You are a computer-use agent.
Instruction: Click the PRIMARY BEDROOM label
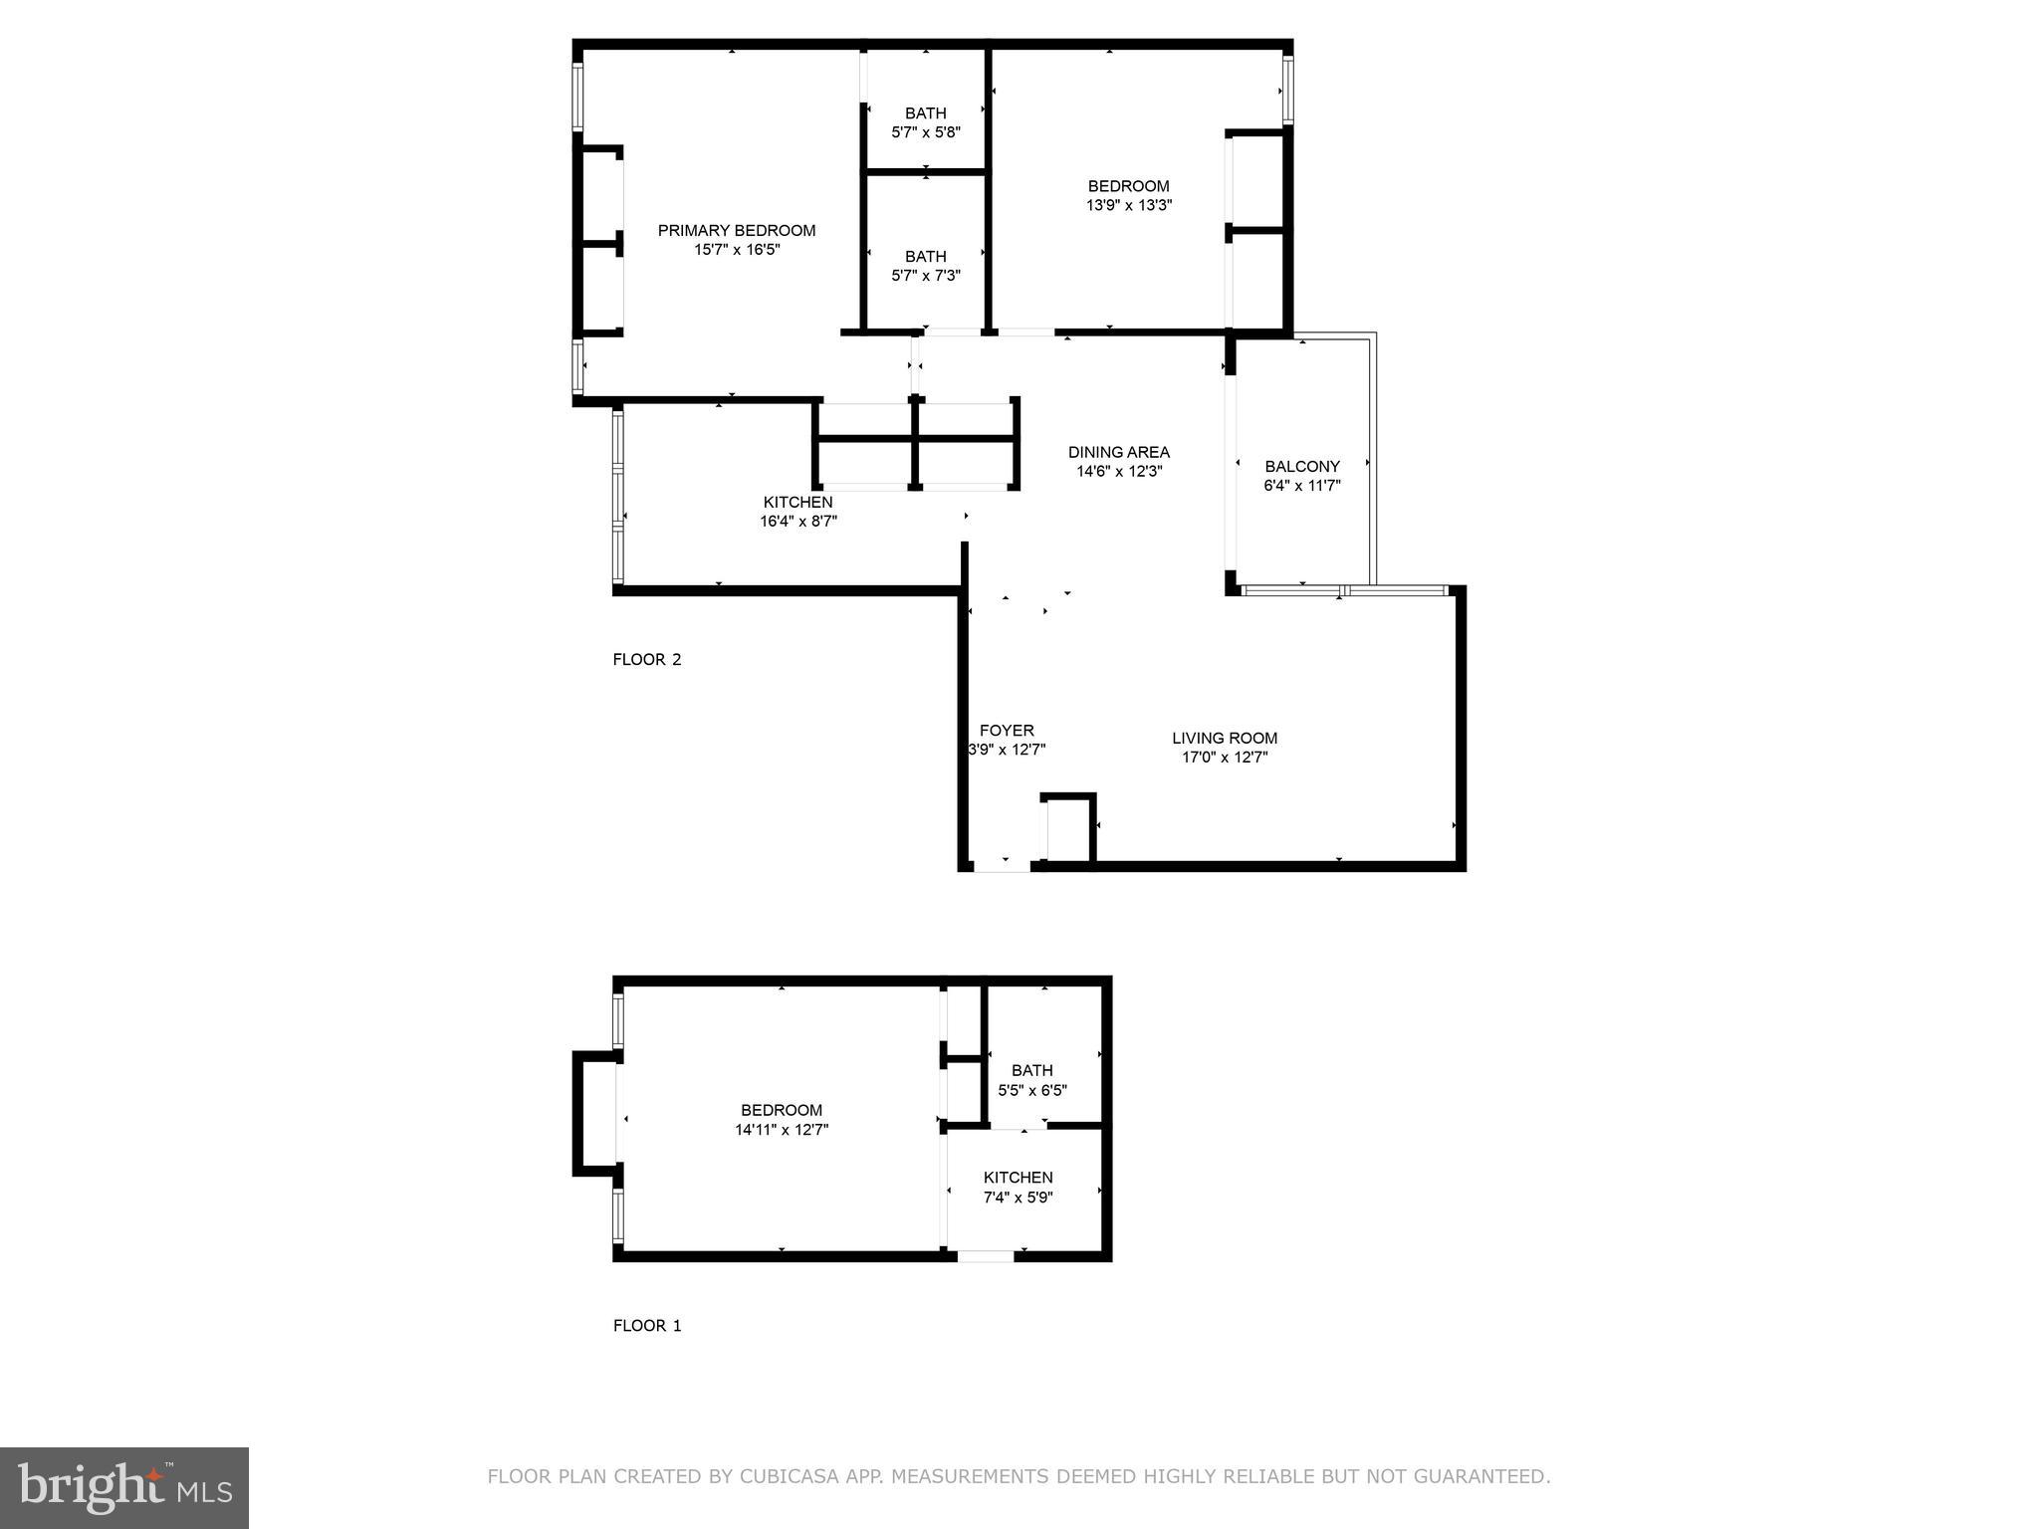tap(736, 230)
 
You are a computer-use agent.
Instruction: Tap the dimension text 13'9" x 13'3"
tap(1128, 206)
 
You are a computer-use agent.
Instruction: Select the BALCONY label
tap(1302, 466)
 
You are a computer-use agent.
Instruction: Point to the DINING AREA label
tap(1118, 452)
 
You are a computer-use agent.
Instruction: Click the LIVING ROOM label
tap(1224, 738)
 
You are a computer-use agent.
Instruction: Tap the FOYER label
tap(1007, 730)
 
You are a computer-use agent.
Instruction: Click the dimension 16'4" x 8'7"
tap(797, 521)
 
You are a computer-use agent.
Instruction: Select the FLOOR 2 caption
tap(646, 659)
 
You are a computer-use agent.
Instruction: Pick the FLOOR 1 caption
tap(646, 1325)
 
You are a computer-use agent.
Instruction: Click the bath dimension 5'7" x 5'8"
tap(925, 132)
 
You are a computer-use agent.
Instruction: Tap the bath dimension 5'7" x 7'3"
tap(925, 276)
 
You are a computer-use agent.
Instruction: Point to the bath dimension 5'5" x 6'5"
tap(1032, 1090)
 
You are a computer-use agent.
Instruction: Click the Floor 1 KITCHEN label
tap(1018, 1177)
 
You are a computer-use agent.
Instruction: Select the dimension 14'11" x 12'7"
tap(782, 1130)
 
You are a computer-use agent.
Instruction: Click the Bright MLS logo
tap(124, 1487)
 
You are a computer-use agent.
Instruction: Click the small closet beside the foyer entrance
tap(1067, 829)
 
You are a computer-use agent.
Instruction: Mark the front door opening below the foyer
tap(1002, 867)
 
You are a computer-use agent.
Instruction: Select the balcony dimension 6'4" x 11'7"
tap(1302, 486)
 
